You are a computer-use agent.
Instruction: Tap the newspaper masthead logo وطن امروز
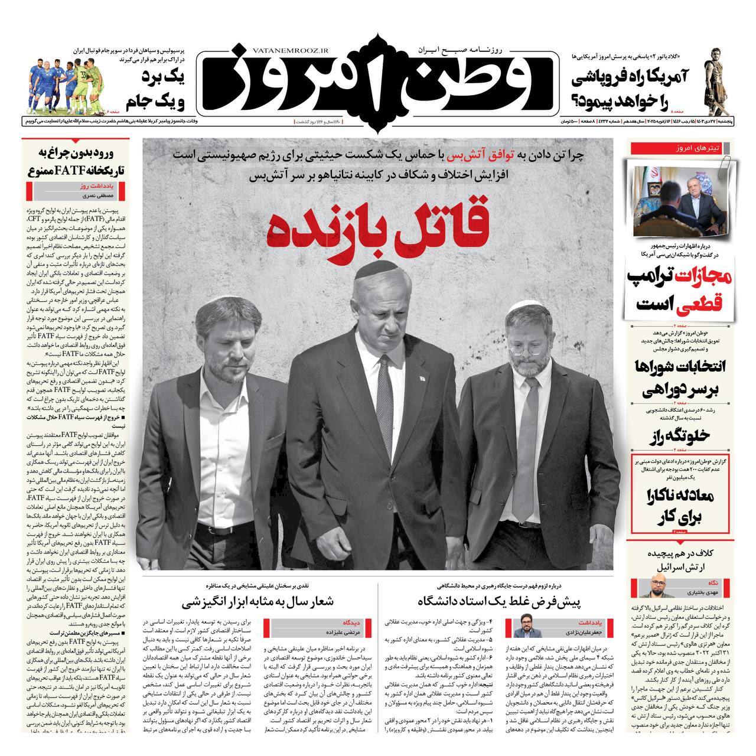pos(378,77)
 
